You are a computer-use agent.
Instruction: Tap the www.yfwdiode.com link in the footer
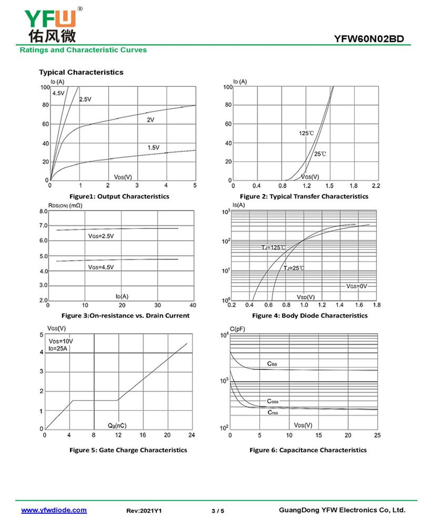[x=54, y=510]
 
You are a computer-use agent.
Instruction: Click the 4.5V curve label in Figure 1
[x=58, y=93]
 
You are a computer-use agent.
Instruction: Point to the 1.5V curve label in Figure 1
[x=153, y=147]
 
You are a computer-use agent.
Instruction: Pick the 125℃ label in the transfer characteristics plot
[x=306, y=133]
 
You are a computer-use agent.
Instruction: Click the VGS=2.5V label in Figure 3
[x=101, y=236]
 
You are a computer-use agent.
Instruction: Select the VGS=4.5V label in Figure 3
[x=101, y=267]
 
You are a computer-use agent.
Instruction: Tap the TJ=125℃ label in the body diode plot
[x=274, y=247]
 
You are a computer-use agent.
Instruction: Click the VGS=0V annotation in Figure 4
[x=356, y=286]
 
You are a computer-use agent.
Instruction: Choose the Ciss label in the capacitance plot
[x=272, y=364]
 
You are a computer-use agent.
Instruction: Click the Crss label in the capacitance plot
[x=273, y=412]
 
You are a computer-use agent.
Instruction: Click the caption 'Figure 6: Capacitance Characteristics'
[x=308, y=450]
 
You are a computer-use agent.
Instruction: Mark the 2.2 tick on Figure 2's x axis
[x=375, y=186]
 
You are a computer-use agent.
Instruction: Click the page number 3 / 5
[x=218, y=511]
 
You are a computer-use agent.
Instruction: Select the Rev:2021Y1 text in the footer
[x=144, y=511]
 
